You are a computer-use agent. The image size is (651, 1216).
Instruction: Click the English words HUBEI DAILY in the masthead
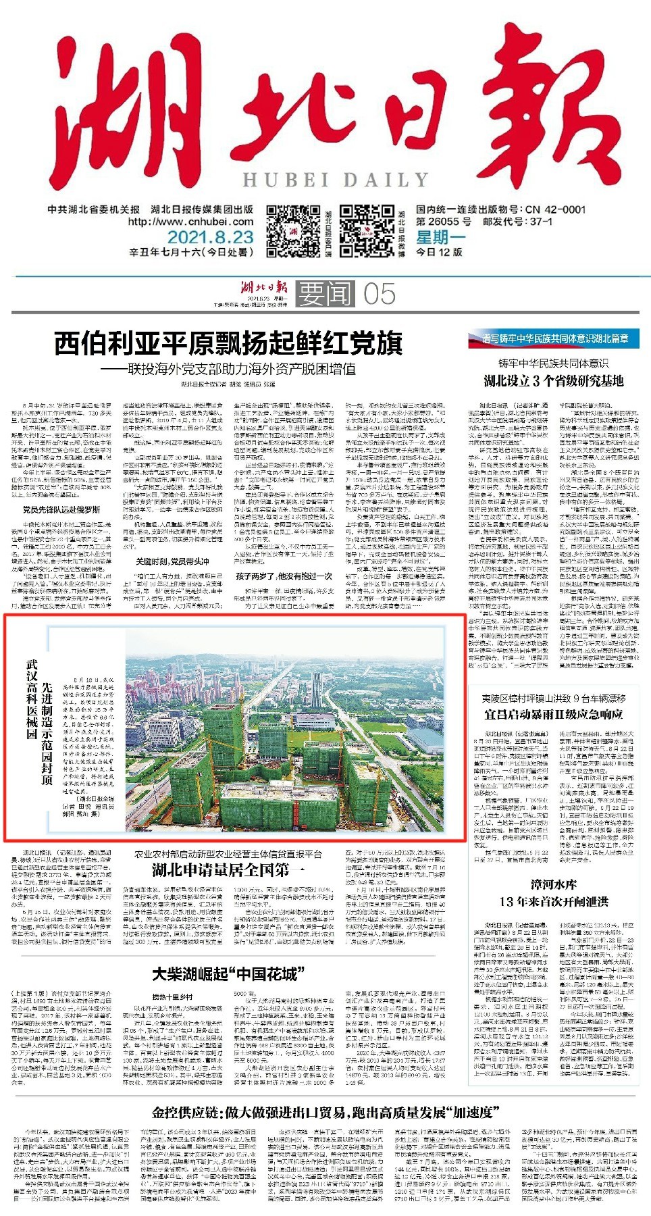(x=336, y=180)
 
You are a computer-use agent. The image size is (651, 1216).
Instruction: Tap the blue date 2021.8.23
(x=210, y=237)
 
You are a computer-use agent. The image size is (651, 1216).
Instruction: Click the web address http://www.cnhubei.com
(x=190, y=222)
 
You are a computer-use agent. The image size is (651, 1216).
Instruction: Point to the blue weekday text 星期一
(x=441, y=237)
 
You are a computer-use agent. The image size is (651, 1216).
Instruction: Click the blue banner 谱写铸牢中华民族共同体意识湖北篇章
(x=553, y=338)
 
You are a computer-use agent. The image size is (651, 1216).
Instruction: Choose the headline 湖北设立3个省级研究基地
(x=553, y=381)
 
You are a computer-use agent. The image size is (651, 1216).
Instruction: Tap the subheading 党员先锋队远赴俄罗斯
(x=61, y=509)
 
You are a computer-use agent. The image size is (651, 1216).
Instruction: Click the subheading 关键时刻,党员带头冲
(x=172, y=561)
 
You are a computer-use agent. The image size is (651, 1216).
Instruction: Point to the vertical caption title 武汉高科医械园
(x=31, y=699)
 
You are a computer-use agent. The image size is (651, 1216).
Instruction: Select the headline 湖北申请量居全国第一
(x=228, y=869)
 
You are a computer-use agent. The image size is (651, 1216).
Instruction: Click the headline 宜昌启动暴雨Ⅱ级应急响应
(x=553, y=714)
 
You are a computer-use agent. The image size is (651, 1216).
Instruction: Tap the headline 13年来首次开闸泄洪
(x=554, y=901)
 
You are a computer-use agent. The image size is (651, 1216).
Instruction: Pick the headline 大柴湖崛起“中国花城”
(x=228, y=974)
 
